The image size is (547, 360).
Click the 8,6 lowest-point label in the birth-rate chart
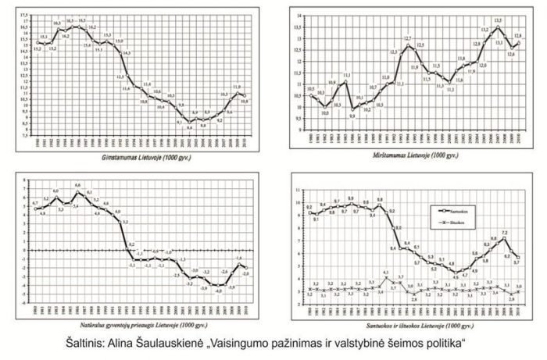[190, 127]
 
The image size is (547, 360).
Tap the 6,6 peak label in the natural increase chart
[77, 184]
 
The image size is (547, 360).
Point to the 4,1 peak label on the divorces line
[386, 273]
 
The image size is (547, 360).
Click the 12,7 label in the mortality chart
[408, 38]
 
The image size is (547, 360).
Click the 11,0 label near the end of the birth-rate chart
[238, 87]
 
